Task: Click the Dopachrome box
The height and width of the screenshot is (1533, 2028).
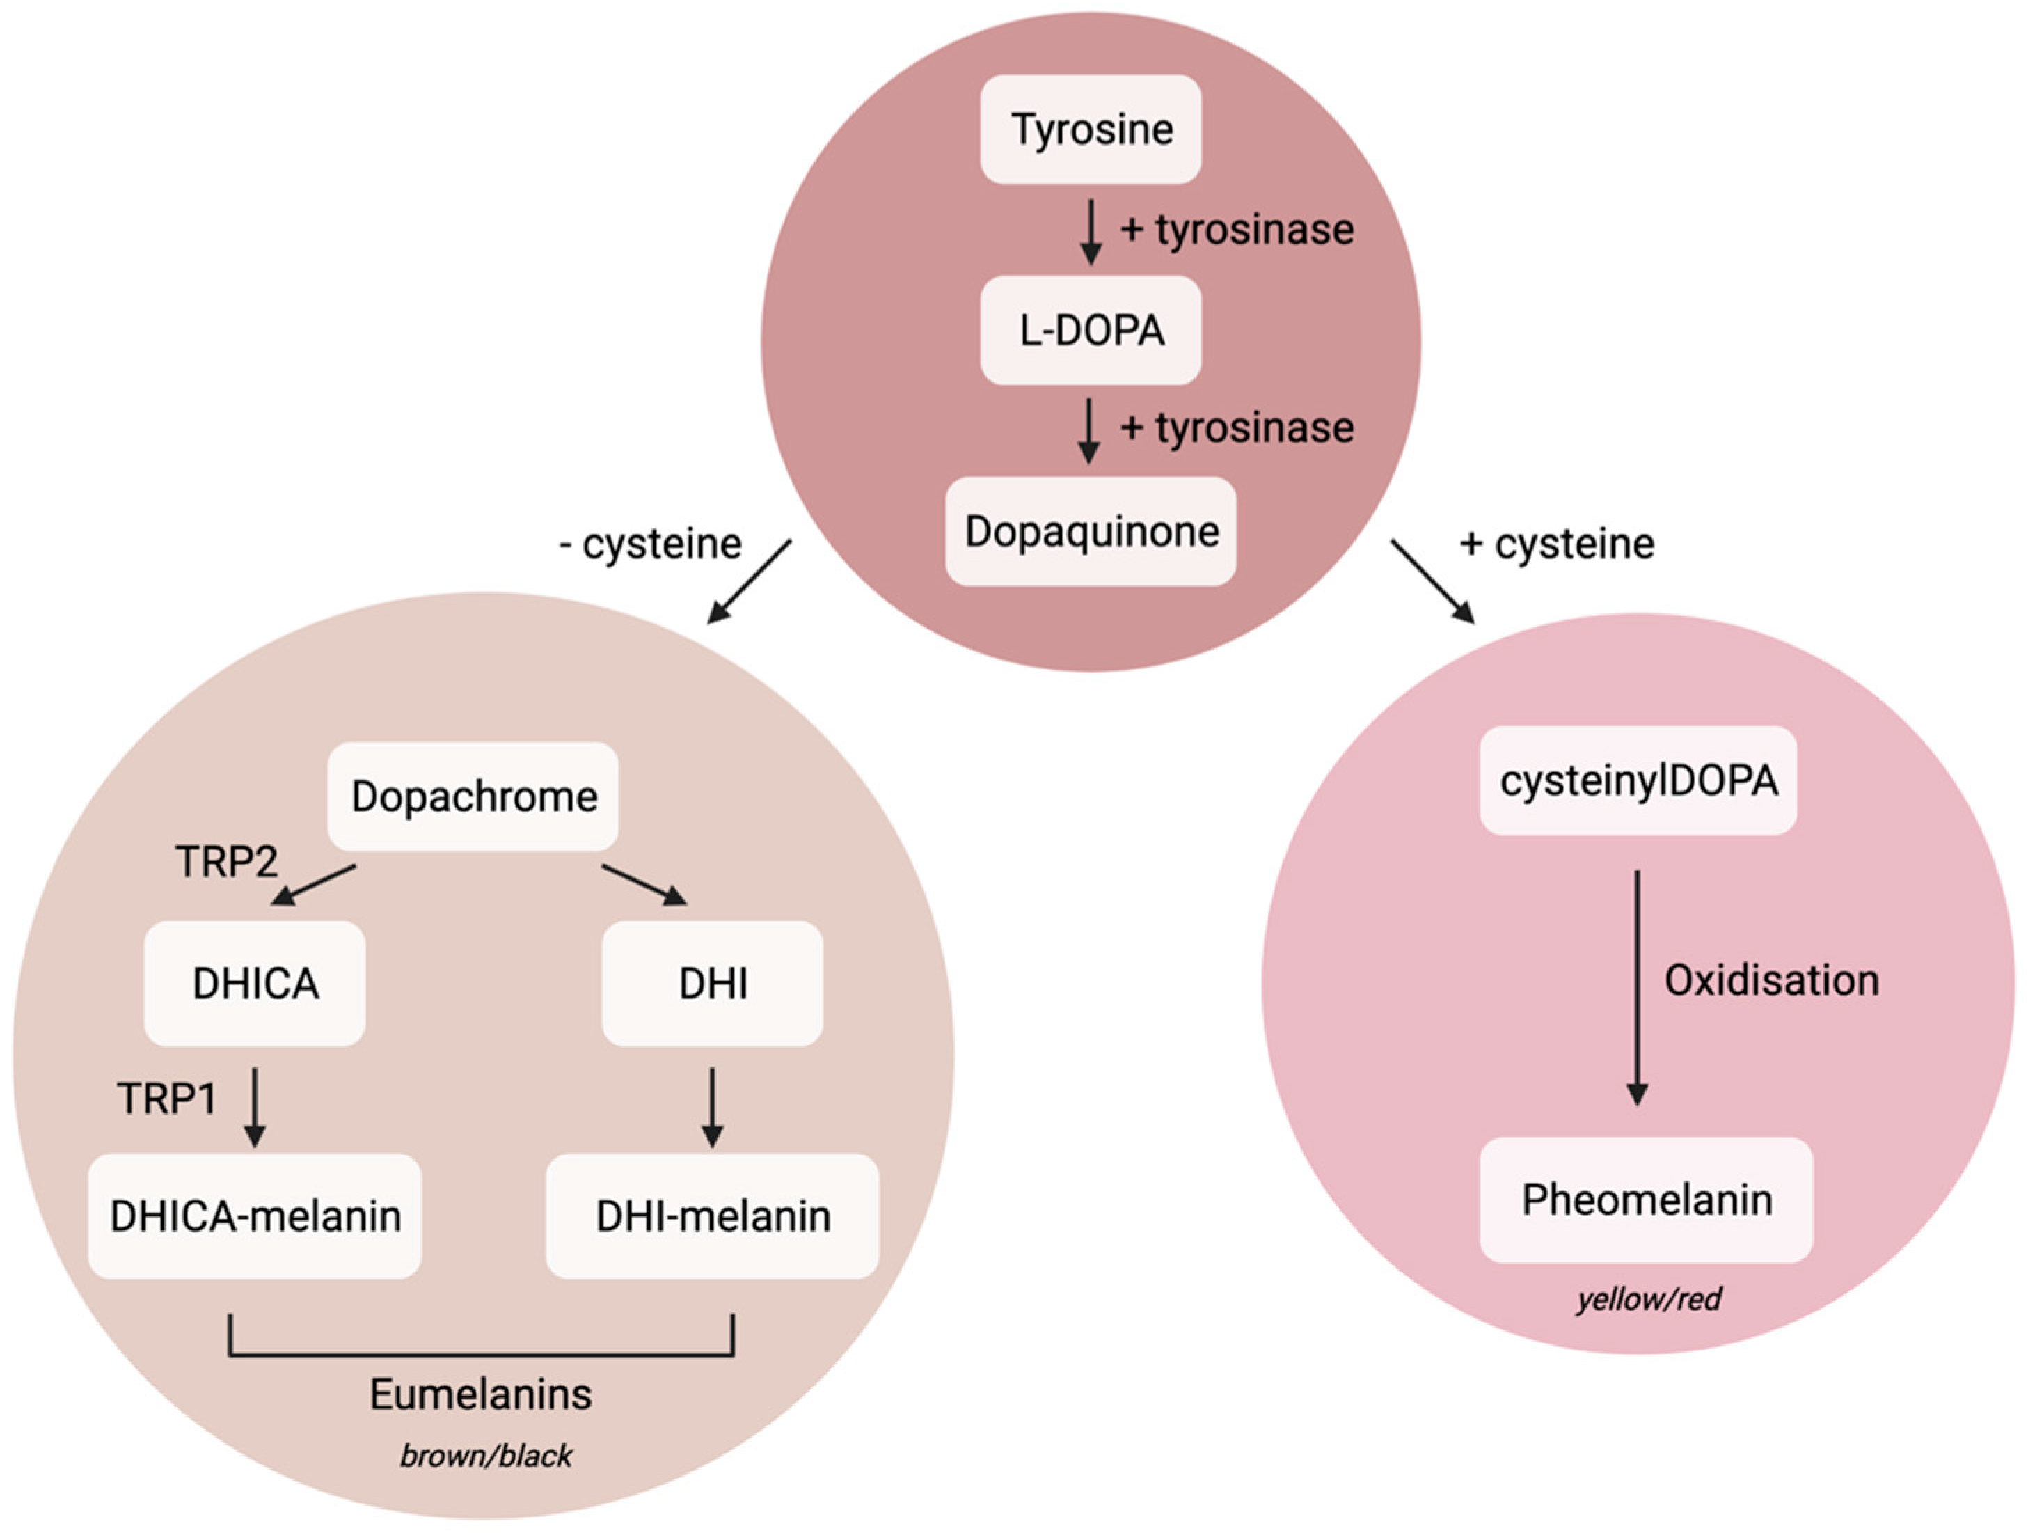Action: pos(473,796)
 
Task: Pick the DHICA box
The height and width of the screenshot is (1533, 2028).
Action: pos(255,984)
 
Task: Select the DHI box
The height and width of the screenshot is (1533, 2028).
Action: pos(713,984)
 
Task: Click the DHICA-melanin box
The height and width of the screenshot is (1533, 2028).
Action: pos(255,1216)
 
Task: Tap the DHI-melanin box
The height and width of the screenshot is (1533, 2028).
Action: pos(713,1216)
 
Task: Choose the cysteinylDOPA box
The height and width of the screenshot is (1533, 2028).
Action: pos(1638,780)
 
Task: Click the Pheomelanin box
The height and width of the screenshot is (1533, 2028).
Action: pos(1646,1200)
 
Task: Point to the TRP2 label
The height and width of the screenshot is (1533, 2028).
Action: pos(225,862)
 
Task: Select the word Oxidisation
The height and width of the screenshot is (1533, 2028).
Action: pos(1771,981)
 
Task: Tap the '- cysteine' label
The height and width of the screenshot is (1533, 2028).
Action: pos(650,544)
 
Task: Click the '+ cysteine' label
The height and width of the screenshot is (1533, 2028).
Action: pos(1557,544)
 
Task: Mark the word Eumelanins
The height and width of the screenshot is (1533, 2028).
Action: pos(480,1394)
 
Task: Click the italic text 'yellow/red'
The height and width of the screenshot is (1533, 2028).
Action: pos(1649,1299)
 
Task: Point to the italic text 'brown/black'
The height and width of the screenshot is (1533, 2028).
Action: pos(486,1456)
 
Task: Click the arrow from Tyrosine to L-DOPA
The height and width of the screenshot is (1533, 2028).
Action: pos(1090,231)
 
